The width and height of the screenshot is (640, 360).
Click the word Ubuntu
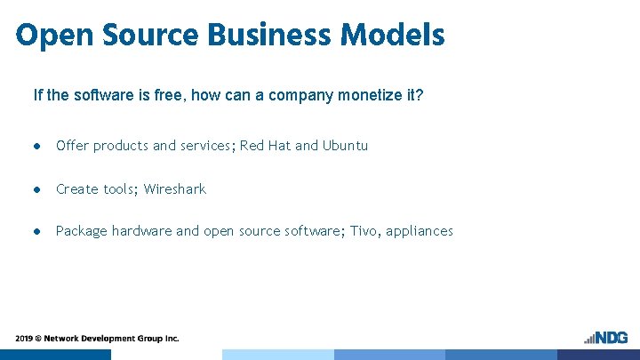pos(345,146)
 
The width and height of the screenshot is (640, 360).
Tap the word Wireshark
pos(175,188)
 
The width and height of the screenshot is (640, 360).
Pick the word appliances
pos(420,231)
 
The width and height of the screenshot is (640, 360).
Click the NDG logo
pos(606,338)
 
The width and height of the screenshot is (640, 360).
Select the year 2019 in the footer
pos(24,339)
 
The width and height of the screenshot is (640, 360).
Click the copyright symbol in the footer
pos(38,339)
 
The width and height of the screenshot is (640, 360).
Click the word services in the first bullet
pos(208,146)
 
